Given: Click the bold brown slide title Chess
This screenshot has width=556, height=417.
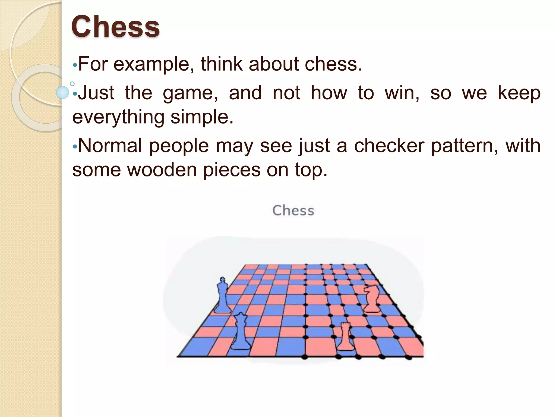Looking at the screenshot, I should tap(115, 27).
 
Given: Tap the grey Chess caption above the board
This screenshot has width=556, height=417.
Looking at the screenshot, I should tap(293, 211).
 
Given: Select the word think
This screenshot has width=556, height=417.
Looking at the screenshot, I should tap(222, 64).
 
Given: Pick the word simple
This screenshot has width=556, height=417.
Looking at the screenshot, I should tap(202, 117).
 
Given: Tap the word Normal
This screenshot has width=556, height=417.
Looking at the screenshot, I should tap(110, 146).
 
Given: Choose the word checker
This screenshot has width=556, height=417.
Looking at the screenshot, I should tap(389, 146).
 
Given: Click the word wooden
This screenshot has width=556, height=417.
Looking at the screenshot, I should tap(162, 170).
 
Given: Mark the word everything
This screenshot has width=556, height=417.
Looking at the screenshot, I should tap(118, 117).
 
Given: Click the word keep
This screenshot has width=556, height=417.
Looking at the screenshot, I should tap(519, 93).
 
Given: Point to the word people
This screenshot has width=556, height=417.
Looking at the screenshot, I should tap(179, 146).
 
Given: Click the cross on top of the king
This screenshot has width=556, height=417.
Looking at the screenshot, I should tap(223, 279).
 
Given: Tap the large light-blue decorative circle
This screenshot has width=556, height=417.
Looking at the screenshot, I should tap(62, 92).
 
